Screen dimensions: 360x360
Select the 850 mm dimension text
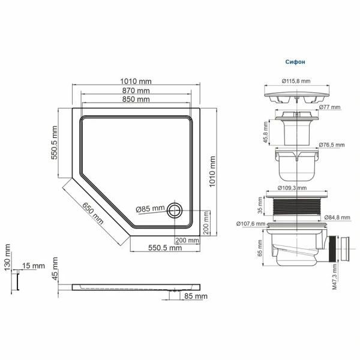point(136,99)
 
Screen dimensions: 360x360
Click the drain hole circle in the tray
point(175,209)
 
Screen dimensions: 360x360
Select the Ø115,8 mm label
point(296,81)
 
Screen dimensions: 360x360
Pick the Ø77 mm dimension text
point(330,107)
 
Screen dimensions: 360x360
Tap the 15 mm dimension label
point(33,266)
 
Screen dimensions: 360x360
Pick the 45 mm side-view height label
point(55,268)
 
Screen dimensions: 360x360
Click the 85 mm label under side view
point(196,296)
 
